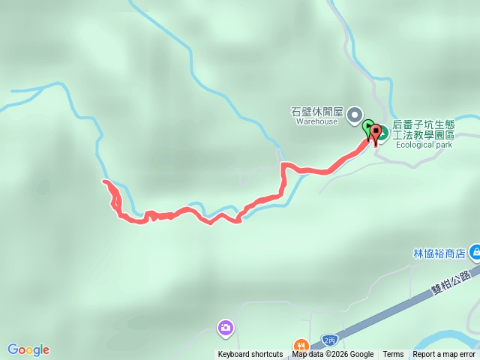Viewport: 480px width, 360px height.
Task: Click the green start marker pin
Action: [x=367, y=128]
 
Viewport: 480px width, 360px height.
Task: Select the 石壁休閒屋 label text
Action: [x=316, y=112]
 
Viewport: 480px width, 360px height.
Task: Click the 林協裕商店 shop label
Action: [x=439, y=253]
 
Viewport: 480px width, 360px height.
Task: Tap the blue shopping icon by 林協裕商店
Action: [x=474, y=252]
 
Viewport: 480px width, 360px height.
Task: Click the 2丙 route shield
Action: [x=328, y=340]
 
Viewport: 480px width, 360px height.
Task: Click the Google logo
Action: [x=28, y=349]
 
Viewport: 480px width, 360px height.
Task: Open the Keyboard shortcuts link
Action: [x=250, y=355]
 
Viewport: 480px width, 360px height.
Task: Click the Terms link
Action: [x=393, y=355]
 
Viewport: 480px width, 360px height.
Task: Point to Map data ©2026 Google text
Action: [x=333, y=355]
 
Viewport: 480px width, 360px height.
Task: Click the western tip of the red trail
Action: [x=104, y=182]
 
